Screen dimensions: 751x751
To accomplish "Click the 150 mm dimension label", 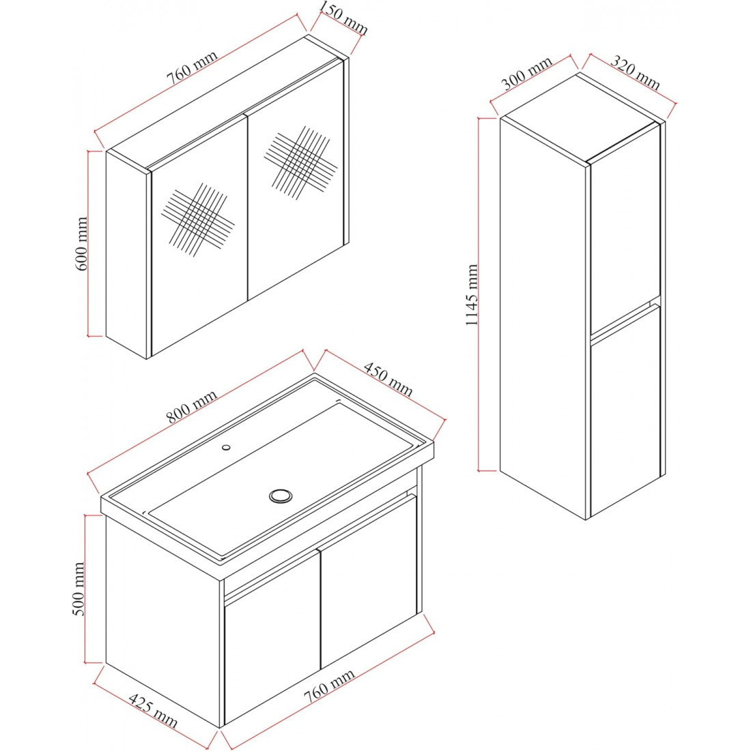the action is pos(343,18).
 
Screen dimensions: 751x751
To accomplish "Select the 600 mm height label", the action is pos(82,243).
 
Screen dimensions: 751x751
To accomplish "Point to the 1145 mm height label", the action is pos(472,294).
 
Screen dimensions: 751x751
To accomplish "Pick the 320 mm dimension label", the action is pos(636,73).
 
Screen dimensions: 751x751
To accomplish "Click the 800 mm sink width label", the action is pos(192,406).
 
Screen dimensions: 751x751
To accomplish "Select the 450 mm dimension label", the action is pos(388,379).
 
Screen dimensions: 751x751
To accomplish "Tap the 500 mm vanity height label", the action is pos(78,589).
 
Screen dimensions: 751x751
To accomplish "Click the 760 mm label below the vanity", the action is pos(330,686).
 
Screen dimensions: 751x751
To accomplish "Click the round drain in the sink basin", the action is pos(281,496).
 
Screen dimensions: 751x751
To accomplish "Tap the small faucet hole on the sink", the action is pos(226,447).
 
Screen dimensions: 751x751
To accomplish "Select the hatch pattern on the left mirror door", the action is pos(198,219).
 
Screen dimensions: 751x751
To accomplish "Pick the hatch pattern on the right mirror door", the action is pos(300,163).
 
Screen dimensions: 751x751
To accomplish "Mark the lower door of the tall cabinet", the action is pos(625,411).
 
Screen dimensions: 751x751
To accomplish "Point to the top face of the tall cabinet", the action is pos(578,117).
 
